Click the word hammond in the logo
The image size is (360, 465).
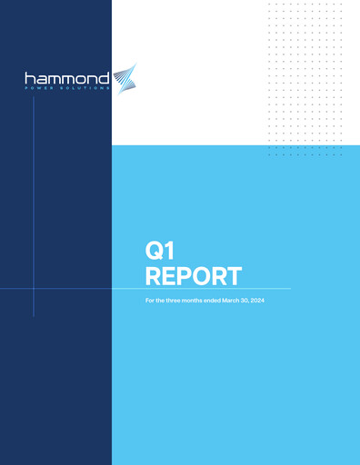tap(67, 79)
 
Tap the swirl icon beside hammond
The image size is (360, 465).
tap(124, 79)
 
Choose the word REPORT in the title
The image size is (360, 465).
tap(194, 276)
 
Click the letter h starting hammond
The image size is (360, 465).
tap(29, 79)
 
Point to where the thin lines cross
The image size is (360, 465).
tap(35, 289)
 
